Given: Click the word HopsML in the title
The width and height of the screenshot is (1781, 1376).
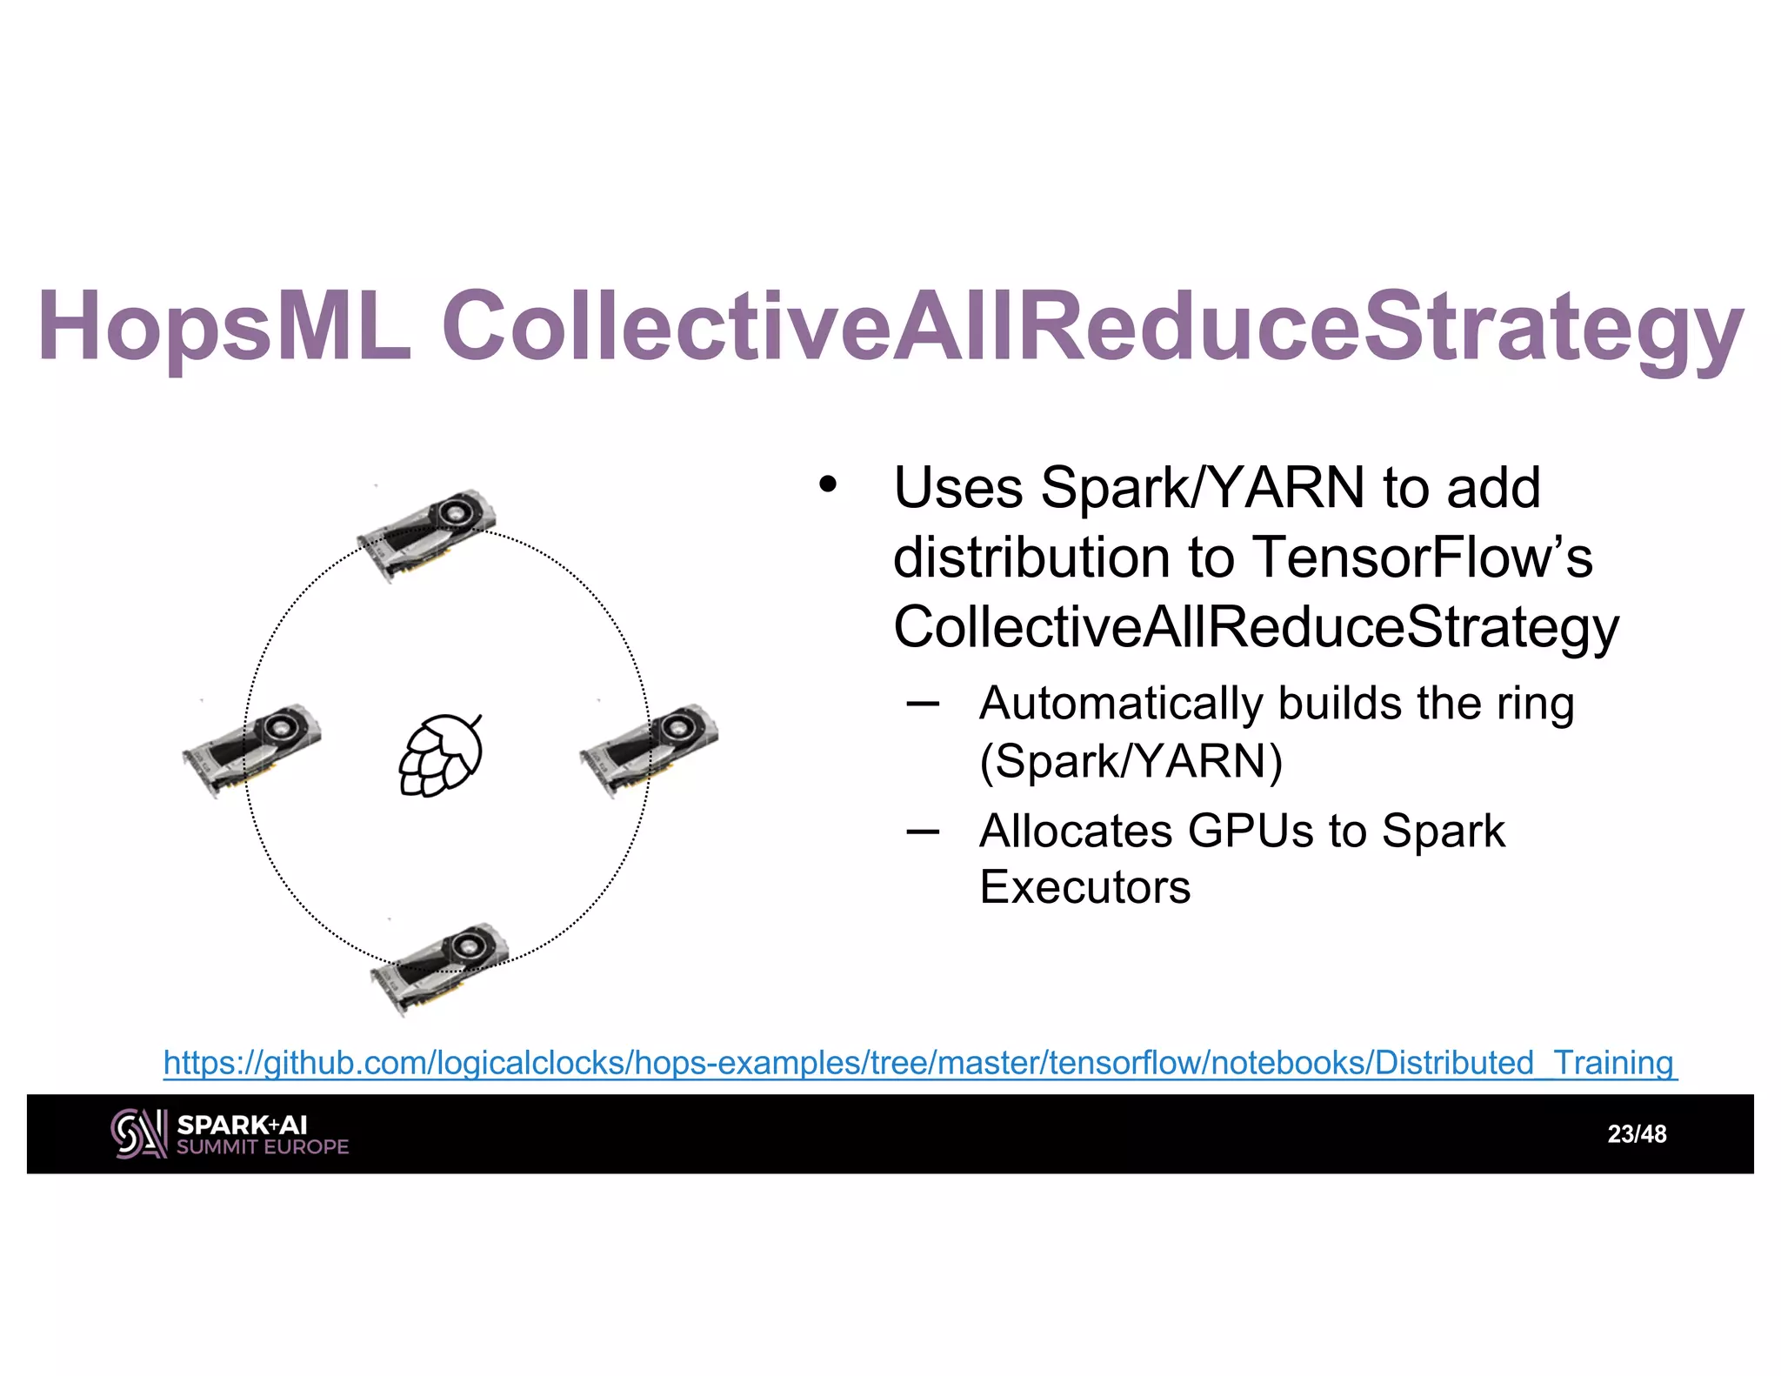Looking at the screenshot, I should click(x=223, y=325).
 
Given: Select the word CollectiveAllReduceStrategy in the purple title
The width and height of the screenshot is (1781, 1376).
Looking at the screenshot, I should click(x=1092, y=325).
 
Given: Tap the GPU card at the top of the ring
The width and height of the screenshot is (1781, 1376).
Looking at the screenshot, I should click(x=426, y=532).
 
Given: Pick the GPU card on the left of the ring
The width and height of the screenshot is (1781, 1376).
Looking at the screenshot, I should click(x=251, y=749).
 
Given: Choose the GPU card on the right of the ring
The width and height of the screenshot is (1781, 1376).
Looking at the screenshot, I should click(x=649, y=749).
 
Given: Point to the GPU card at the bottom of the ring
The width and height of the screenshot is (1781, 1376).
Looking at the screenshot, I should click(x=439, y=967).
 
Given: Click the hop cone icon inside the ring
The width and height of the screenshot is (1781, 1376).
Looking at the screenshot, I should click(x=441, y=754).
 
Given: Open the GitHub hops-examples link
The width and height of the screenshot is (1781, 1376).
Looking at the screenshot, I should click(x=919, y=1063).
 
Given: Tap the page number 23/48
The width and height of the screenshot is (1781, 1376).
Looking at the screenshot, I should click(x=1637, y=1134).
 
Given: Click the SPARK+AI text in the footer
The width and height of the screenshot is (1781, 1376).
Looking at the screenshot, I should click(x=242, y=1125).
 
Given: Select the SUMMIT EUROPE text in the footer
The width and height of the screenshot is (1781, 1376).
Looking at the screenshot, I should click(x=263, y=1147).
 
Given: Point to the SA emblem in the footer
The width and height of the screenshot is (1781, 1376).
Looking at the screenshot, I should click(x=137, y=1133).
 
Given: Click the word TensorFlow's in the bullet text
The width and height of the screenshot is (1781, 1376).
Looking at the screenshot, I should click(x=1422, y=557).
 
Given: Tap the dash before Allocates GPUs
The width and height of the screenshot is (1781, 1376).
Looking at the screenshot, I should click(x=922, y=832).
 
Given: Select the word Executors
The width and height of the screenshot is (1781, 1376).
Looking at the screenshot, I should click(x=1084, y=887).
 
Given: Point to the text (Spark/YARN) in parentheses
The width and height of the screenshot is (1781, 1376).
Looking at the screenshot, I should click(x=1131, y=761).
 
